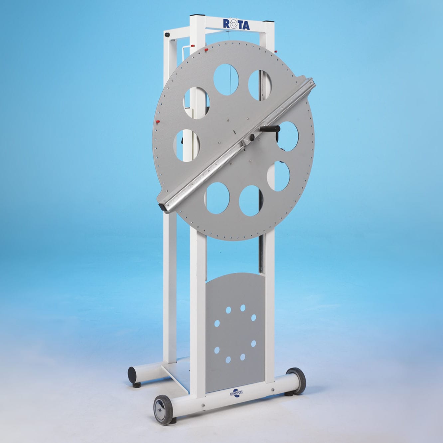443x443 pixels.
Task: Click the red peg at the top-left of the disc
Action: pos(206,50)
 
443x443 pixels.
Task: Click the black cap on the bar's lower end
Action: pos(163,207)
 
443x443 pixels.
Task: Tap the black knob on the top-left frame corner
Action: pos(167,35)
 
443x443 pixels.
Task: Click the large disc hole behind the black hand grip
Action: pos(287,136)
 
